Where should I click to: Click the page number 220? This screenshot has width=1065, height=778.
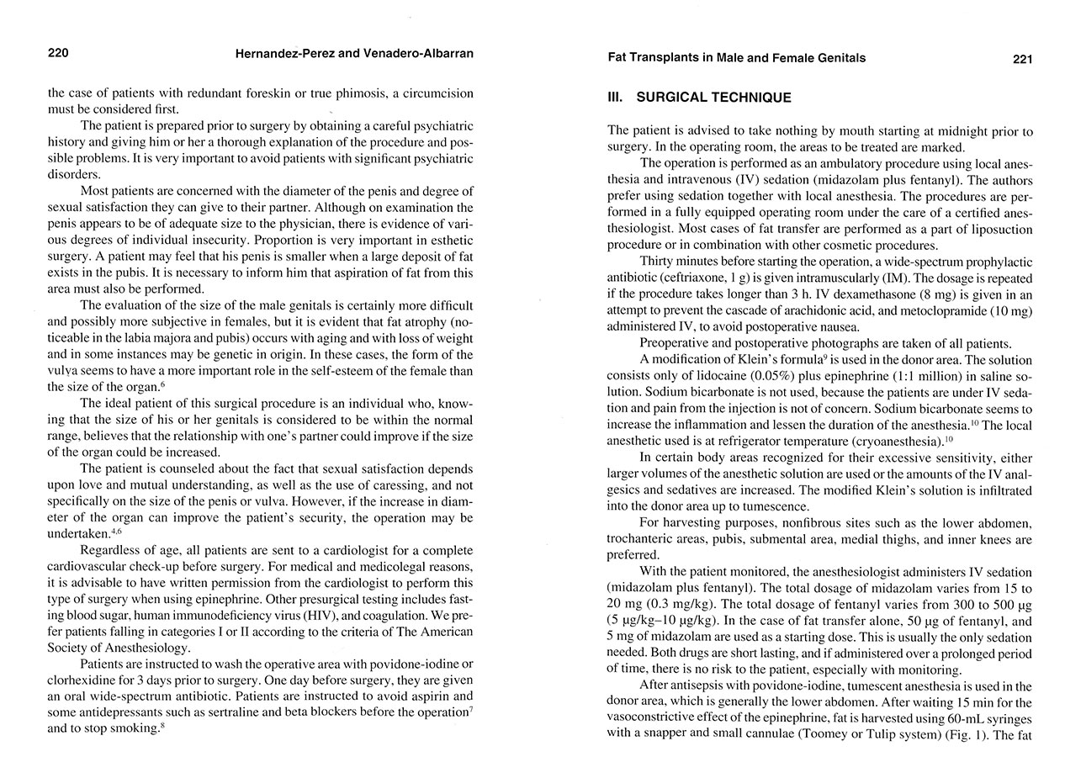[58, 54]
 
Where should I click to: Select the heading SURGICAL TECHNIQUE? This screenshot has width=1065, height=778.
[713, 98]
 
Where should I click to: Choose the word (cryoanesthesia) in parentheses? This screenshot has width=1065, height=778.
[900, 441]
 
